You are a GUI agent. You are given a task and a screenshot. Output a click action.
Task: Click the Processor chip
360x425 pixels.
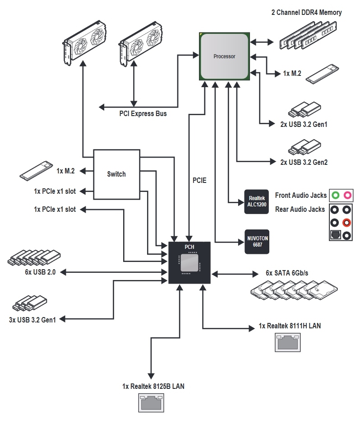click(224, 56)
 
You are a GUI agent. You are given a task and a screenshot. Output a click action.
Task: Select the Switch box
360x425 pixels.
click(116, 174)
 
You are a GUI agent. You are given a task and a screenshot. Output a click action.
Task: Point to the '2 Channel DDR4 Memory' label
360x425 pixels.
click(306, 13)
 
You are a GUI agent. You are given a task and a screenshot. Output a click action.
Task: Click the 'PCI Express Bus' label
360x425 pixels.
click(143, 114)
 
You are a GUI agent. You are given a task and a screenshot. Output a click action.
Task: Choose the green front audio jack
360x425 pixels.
click(334, 196)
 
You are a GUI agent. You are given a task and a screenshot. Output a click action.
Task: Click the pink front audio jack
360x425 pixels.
click(347, 196)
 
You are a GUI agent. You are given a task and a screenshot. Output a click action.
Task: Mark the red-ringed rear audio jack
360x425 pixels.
click(346, 223)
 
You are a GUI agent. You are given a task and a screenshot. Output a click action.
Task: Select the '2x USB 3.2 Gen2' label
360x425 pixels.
click(304, 162)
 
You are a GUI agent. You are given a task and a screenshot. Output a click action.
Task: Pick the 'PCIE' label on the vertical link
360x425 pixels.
click(198, 180)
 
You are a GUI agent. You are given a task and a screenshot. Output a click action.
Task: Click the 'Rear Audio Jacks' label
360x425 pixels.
click(300, 209)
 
